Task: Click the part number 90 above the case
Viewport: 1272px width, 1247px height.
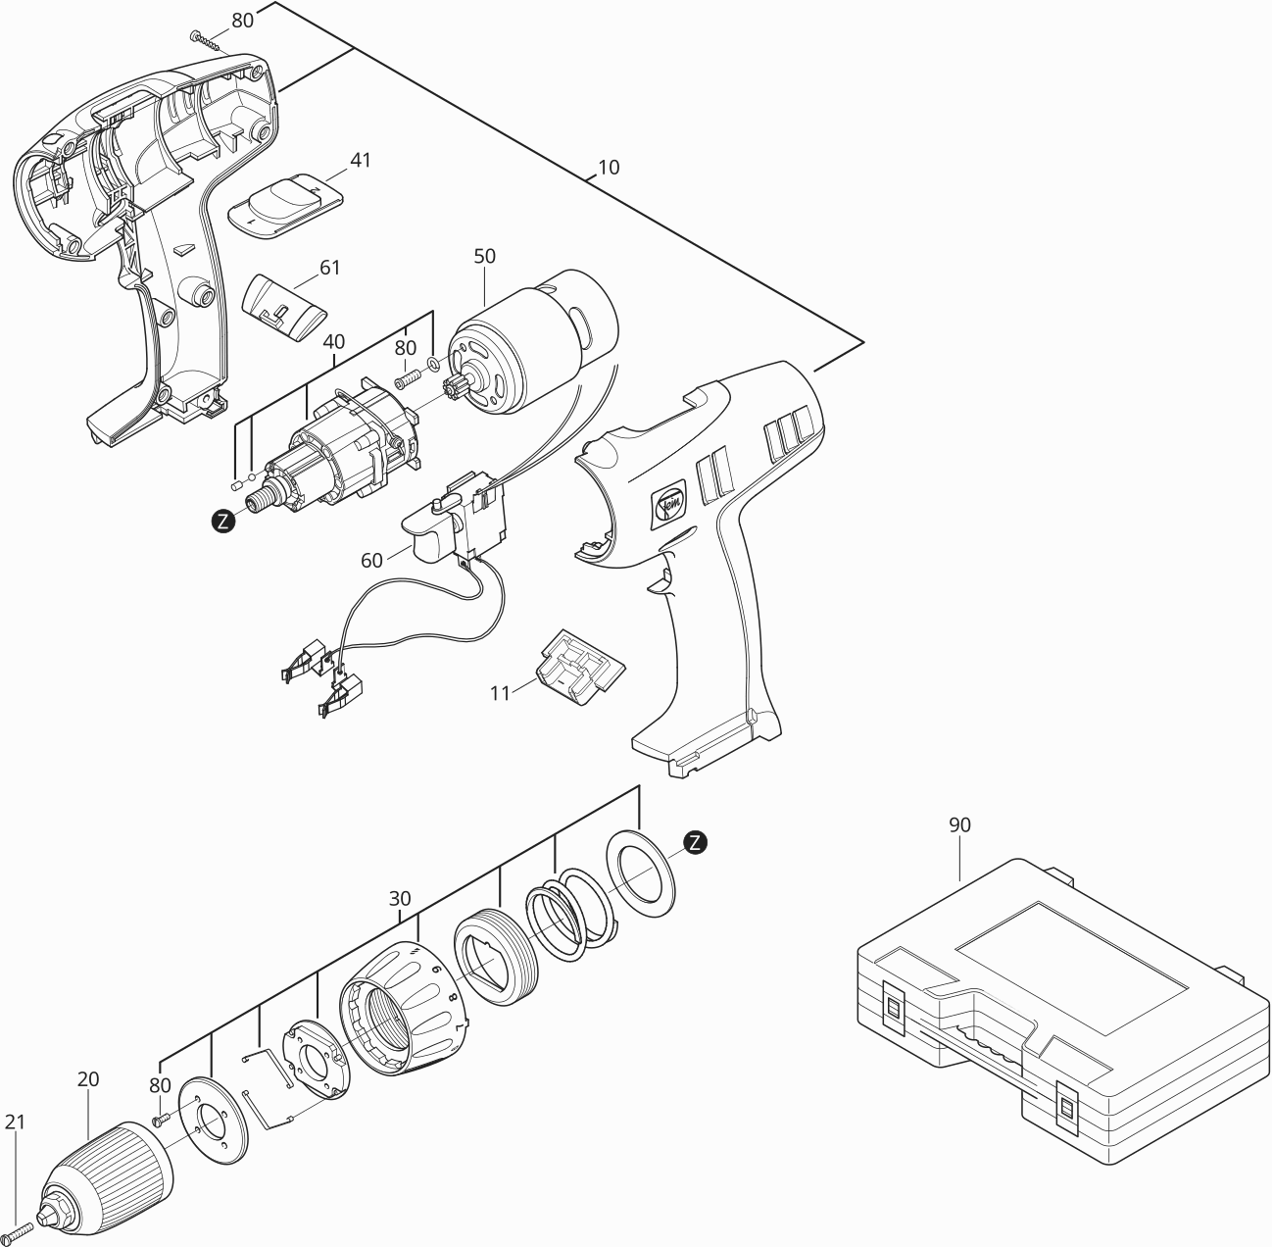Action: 959,825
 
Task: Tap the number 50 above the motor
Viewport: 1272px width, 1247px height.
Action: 484,257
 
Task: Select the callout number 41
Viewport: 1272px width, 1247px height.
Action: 361,160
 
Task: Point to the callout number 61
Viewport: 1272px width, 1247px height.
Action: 330,267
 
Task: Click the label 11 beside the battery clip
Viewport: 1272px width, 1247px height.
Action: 501,692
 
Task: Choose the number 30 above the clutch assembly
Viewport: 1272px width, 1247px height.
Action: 400,898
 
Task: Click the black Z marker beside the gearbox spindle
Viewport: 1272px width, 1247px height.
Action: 224,522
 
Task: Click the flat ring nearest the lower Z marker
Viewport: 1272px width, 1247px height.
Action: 641,874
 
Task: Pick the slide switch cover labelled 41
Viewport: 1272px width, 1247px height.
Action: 287,201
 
